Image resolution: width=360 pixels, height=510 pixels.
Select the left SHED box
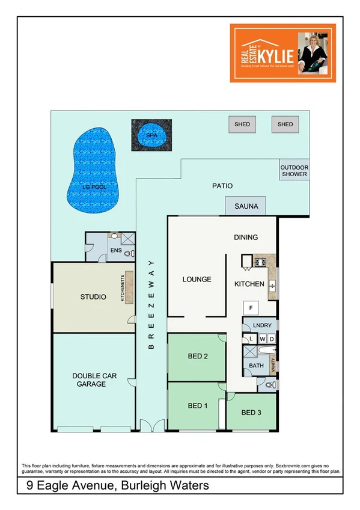point(242,124)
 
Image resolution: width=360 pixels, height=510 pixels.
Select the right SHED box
point(285,124)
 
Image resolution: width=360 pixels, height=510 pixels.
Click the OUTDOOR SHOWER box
point(294,171)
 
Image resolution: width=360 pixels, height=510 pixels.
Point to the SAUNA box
point(246,206)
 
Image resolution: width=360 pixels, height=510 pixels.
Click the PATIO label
point(222,186)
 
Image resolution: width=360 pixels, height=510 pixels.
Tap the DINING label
point(246,237)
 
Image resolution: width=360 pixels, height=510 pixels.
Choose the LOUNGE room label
point(197,279)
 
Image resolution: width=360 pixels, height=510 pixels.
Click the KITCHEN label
point(249,283)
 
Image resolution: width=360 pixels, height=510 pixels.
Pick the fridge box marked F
point(250,307)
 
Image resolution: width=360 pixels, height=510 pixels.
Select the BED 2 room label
point(198,356)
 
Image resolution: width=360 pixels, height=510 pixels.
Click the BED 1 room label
point(198,405)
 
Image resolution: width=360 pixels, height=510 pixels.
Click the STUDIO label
point(93,296)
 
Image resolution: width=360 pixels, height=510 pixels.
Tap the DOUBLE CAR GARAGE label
point(94,380)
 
